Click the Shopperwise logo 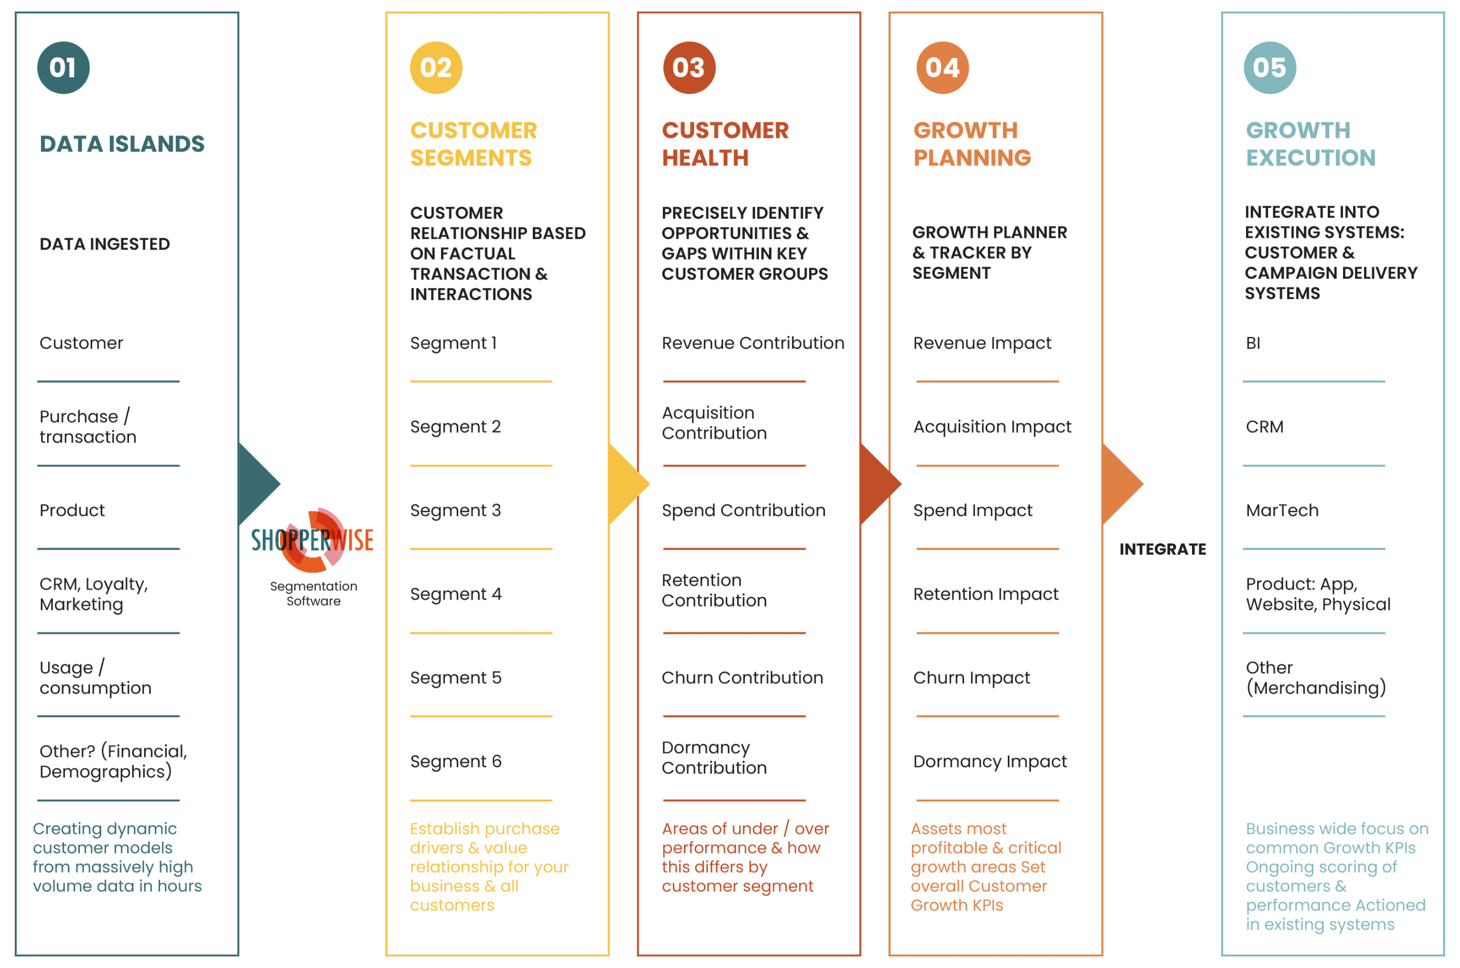tap(313, 540)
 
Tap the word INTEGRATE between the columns tap(1163, 549)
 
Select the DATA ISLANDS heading tap(122, 144)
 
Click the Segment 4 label tap(456, 594)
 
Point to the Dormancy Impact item tap(990, 761)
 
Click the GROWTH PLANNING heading tap(972, 144)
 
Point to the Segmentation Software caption tap(314, 593)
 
